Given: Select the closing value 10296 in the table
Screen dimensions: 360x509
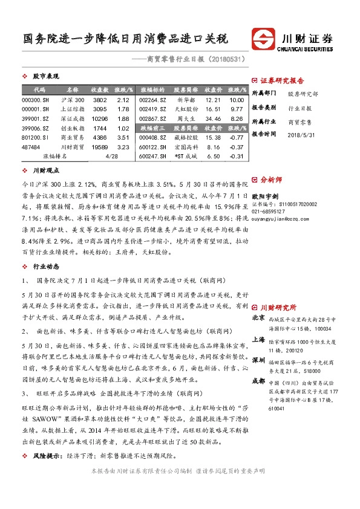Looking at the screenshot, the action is (100, 119).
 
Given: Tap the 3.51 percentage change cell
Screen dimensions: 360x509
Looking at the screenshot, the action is (123, 138).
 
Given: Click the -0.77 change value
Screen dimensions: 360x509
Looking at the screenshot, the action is (237, 138).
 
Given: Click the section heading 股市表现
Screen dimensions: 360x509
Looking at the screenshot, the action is (45, 77).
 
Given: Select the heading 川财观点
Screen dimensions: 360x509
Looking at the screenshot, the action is (45, 171).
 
